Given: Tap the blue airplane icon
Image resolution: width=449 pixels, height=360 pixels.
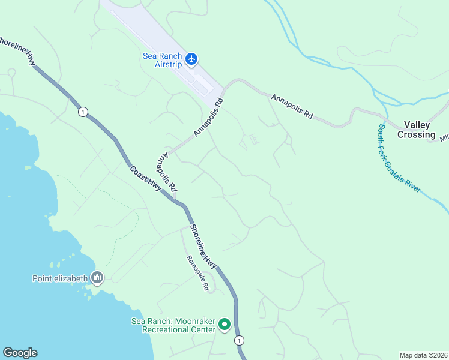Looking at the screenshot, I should tap(191, 59).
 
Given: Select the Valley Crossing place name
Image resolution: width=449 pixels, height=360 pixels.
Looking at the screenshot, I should tap(420, 130).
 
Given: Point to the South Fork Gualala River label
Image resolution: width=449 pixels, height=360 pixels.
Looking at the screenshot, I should tap(400, 159).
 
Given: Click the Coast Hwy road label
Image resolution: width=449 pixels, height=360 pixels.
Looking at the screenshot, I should tap(145, 178).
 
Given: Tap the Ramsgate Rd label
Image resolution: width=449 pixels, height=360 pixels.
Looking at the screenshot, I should tap(196, 274).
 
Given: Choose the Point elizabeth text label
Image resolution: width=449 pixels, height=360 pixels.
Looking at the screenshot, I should tap(59, 278).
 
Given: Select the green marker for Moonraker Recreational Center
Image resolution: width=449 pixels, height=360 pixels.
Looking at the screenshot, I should tap(224, 325).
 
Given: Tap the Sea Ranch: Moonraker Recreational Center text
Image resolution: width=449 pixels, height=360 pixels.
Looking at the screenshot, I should tap(173, 325).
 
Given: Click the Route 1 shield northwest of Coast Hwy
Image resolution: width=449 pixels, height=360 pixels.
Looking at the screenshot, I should tap(82, 112).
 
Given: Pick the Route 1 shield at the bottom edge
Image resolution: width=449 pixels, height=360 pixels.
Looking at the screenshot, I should tap(240, 340).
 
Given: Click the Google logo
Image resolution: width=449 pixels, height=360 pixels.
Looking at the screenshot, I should tap(20, 353).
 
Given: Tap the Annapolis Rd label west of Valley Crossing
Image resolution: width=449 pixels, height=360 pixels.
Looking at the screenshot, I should tap(292, 106).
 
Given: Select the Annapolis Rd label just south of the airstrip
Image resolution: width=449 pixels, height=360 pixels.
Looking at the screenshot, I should tap(208, 117).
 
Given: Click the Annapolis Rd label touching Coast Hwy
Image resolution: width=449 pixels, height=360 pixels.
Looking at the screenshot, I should tap(166, 172).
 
